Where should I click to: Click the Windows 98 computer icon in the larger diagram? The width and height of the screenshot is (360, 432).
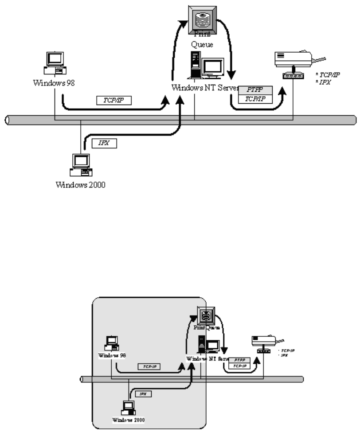click(55, 64)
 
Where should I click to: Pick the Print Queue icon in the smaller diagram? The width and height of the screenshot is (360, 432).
click(205, 317)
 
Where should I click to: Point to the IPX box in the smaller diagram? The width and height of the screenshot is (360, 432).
click(142, 394)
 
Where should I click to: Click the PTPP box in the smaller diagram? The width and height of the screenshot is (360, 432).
click(239, 360)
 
